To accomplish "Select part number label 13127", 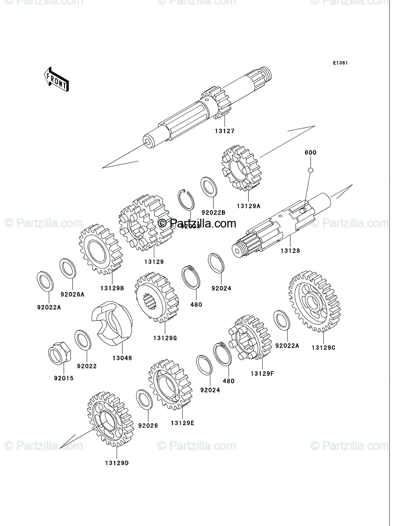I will click(x=224, y=131).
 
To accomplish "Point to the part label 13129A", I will click(x=248, y=205).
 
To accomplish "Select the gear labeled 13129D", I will click(x=110, y=419).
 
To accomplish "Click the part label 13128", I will click(x=290, y=251).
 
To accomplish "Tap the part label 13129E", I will click(x=182, y=423).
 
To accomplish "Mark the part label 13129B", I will click(x=112, y=288).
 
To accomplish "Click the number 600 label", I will click(x=310, y=153).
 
